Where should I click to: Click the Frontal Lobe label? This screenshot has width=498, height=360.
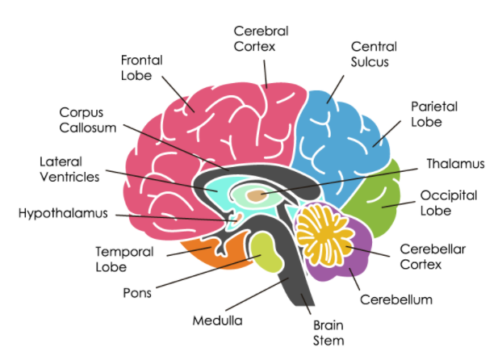click(142, 68)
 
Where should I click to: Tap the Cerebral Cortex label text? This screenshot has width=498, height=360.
click(261, 39)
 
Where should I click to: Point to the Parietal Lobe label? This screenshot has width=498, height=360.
click(434, 115)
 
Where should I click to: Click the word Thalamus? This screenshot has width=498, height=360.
click(455, 164)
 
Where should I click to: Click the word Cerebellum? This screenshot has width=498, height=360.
click(396, 299)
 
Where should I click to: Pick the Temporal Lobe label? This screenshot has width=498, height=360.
click(124, 259)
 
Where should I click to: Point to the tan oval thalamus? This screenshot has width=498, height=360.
click(257, 195)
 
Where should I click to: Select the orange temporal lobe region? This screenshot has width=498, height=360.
click(214, 253)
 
